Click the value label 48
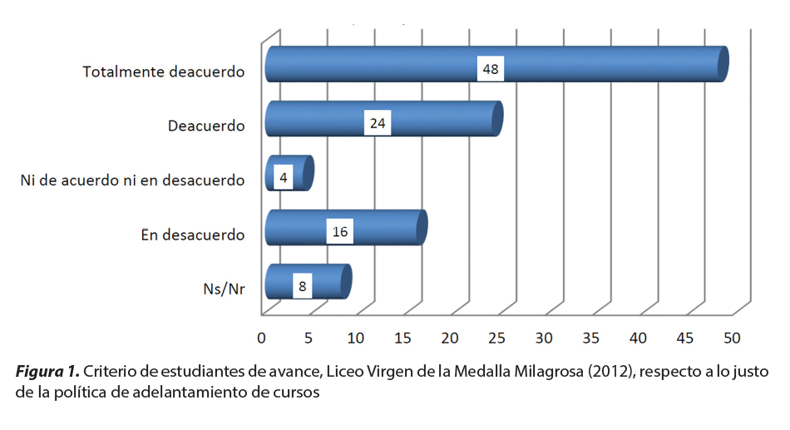(491, 69)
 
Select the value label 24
(378, 124)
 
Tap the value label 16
(339, 232)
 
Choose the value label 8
(302, 286)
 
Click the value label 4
(283, 178)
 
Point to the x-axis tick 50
(732, 339)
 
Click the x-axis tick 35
(590, 339)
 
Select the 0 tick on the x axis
(262, 339)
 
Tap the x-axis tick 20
(450, 339)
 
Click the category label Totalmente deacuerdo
(164, 72)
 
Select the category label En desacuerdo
(193, 235)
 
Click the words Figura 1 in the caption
(47, 371)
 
